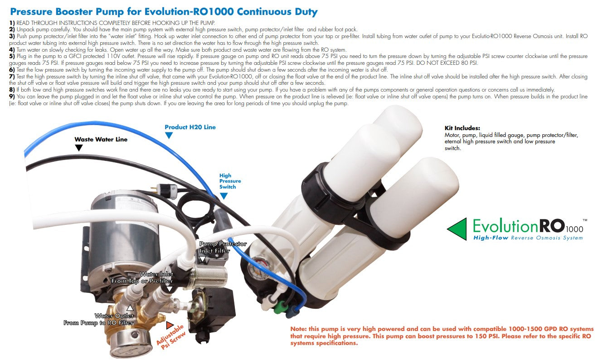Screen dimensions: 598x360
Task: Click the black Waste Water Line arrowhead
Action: click(79, 148)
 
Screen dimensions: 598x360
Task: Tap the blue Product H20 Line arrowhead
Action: click(169, 136)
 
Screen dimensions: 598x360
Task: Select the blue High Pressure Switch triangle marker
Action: click(224, 196)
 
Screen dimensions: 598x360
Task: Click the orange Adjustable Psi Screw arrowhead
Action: click(170, 325)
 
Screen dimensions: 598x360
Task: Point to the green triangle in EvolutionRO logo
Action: click(457, 229)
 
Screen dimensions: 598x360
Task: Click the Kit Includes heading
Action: click(462, 128)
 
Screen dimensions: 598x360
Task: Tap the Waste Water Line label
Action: click(101, 139)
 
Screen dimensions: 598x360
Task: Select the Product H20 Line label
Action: click(190, 127)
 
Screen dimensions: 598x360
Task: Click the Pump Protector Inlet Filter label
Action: click(223, 247)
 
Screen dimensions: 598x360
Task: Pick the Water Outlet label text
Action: click(114, 316)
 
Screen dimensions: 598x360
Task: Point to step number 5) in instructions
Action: click(12, 56)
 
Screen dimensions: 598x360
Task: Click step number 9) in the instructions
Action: click(12, 97)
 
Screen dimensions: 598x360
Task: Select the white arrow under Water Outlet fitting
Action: click(130, 308)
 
